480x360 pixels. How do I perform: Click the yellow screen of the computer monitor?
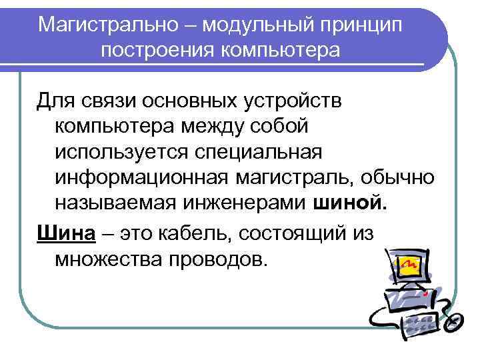411,267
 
